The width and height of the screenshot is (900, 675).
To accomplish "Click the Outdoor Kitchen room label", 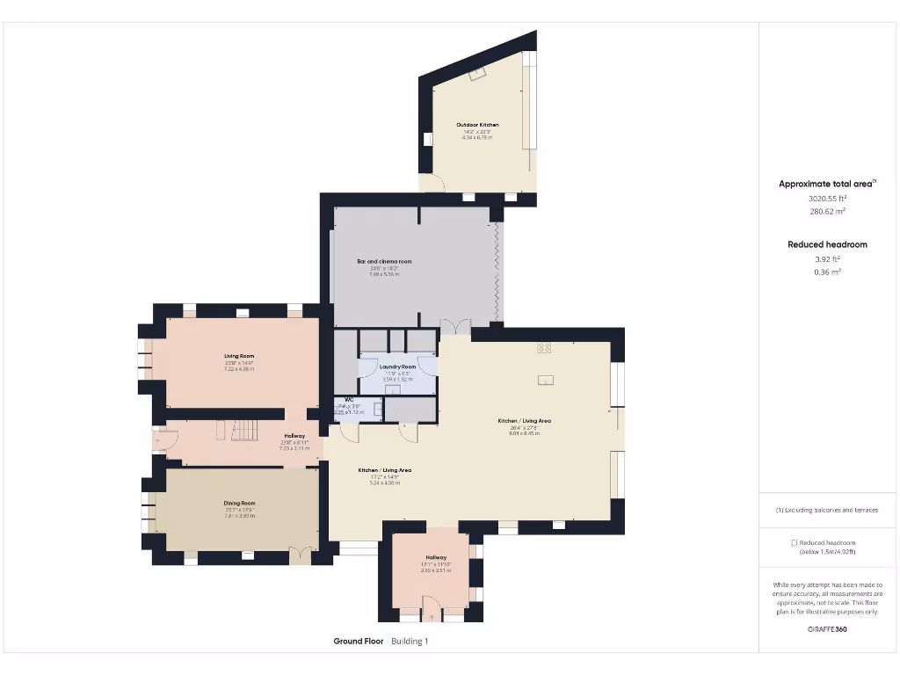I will [x=477, y=125].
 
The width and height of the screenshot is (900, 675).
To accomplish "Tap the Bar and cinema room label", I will [x=384, y=262].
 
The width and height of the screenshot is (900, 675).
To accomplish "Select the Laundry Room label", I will [x=397, y=367].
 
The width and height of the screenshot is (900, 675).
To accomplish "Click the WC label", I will [x=349, y=399].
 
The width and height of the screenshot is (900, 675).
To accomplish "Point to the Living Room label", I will [x=239, y=356].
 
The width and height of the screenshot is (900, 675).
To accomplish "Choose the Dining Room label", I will [x=239, y=504].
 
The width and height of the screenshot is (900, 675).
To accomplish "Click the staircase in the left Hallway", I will [x=244, y=430].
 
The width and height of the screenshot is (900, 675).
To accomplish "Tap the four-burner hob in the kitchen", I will [x=544, y=347].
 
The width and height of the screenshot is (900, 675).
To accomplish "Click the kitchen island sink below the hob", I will [x=546, y=381].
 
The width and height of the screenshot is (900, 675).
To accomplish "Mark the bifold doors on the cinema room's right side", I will [x=497, y=272].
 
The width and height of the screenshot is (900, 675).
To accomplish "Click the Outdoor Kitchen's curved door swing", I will [x=433, y=183].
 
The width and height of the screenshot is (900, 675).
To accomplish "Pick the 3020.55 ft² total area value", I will [x=827, y=199].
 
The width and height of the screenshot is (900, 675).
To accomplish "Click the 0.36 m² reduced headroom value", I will [x=827, y=272].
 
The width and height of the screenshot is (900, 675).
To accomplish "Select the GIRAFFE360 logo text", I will [x=827, y=629].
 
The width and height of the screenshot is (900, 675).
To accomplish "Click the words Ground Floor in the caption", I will [x=358, y=642].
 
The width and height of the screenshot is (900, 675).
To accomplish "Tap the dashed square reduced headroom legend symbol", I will [x=794, y=543].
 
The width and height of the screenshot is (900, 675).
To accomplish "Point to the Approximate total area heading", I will [x=826, y=184].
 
